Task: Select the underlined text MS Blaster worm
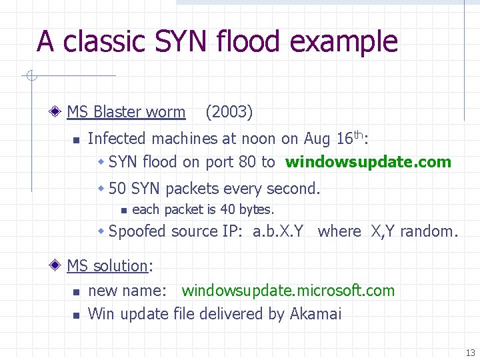click(x=126, y=112)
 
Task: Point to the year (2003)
click(x=229, y=112)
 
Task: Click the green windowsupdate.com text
click(x=368, y=162)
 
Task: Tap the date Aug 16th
click(x=334, y=138)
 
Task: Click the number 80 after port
click(x=248, y=162)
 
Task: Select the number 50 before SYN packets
click(x=118, y=189)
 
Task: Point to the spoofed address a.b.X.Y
click(x=278, y=231)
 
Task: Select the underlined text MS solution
click(x=107, y=266)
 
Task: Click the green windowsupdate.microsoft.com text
click(x=288, y=291)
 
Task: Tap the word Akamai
click(x=315, y=313)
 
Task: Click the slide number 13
click(x=470, y=353)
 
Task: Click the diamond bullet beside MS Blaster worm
click(x=59, y=112)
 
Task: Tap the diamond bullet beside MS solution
click(x=59, y=266)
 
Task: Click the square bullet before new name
click(x=77, y=292)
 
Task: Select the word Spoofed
click(x=137, y=231)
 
